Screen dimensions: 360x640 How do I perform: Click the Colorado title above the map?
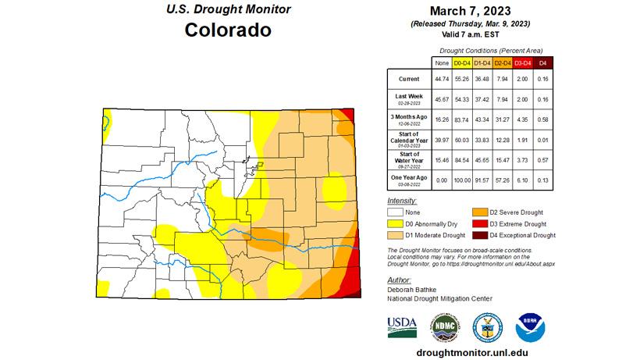(x=228, y=30)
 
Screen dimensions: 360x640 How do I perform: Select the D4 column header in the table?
(x=543, y=62)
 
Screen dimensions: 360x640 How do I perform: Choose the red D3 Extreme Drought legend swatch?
(x=481, y=223)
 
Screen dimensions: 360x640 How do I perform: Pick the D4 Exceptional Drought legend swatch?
(x=481, y=235)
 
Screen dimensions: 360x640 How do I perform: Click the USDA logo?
(x=402, y=326)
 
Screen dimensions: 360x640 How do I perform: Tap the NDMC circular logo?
(x=443, y=326)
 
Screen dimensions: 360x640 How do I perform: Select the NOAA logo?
(x=530, y=326)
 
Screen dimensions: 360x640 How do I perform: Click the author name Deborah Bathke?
(x=414, y=287)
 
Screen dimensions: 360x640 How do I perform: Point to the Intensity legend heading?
(x=403, y=201)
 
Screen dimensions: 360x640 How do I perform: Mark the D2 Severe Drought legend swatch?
(x=481, y=212)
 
